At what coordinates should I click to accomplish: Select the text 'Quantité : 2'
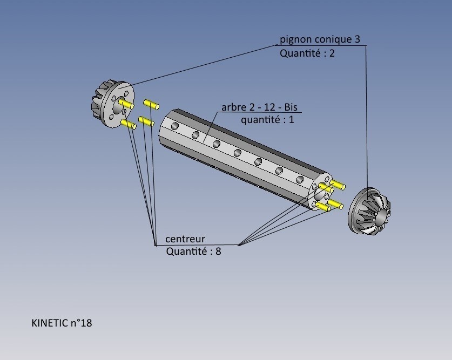(307, 53)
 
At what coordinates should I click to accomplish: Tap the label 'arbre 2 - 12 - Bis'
(260, 107)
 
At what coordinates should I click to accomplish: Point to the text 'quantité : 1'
(267, 120)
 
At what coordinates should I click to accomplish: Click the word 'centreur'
(185, 239)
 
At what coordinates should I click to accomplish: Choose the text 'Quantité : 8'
(193, 251)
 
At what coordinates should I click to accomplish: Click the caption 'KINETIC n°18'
(62, 323)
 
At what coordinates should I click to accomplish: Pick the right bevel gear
(370, 211)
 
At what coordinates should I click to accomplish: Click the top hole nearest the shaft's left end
(176, 126)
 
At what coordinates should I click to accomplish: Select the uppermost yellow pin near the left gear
(150, 103)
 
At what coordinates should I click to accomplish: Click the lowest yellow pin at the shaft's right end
(323, 207)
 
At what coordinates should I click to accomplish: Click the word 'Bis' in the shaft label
(291, 107)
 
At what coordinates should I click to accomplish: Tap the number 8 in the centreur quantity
(218, 251)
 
